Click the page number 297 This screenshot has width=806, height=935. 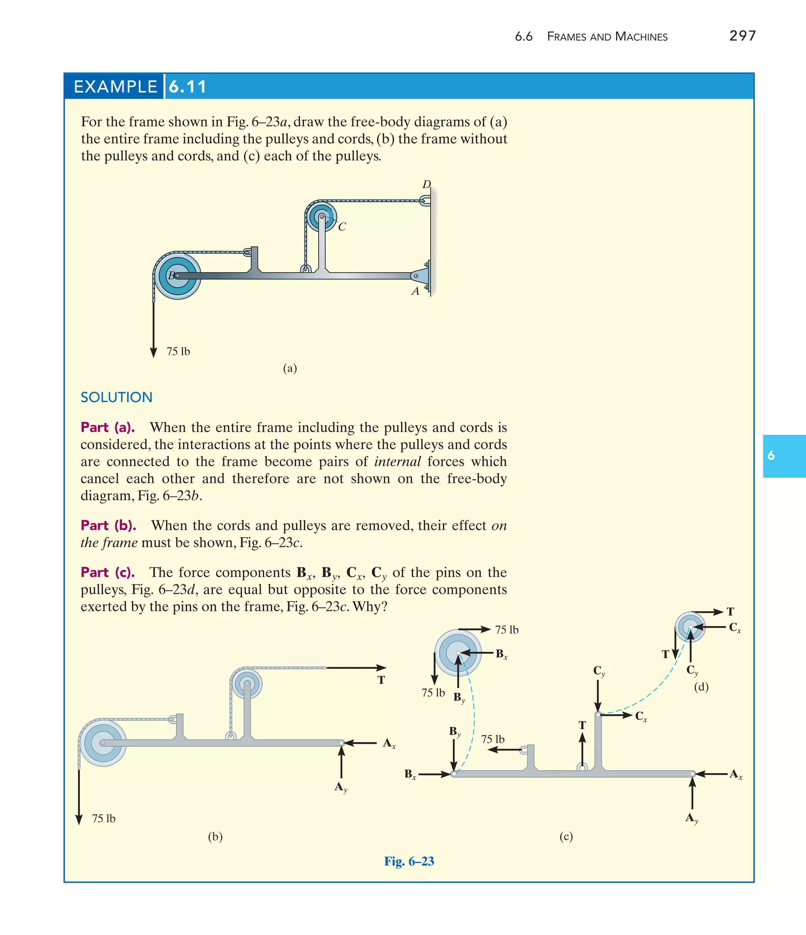(742, 36)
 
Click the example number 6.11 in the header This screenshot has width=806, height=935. (187, 86)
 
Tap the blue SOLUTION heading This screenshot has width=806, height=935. (116, 397)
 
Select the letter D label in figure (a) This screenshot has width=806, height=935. (426, 184)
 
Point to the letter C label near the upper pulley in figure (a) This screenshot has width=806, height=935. (342, 227)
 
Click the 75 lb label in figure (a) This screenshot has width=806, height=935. (178, 352)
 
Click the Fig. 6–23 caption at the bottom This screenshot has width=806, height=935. (409, 861)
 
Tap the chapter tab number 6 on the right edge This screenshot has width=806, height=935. (771, 456)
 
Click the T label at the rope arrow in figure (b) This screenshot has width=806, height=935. (381, 680)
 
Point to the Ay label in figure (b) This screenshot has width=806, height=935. (341, 787)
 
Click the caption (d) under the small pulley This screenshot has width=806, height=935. (701, 687)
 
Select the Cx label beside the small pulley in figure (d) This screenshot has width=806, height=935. (735, 628)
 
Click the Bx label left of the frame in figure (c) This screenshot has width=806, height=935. (410, 775)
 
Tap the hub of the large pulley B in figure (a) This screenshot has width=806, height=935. (177, 276)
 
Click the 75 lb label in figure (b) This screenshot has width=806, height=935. (104, 819)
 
